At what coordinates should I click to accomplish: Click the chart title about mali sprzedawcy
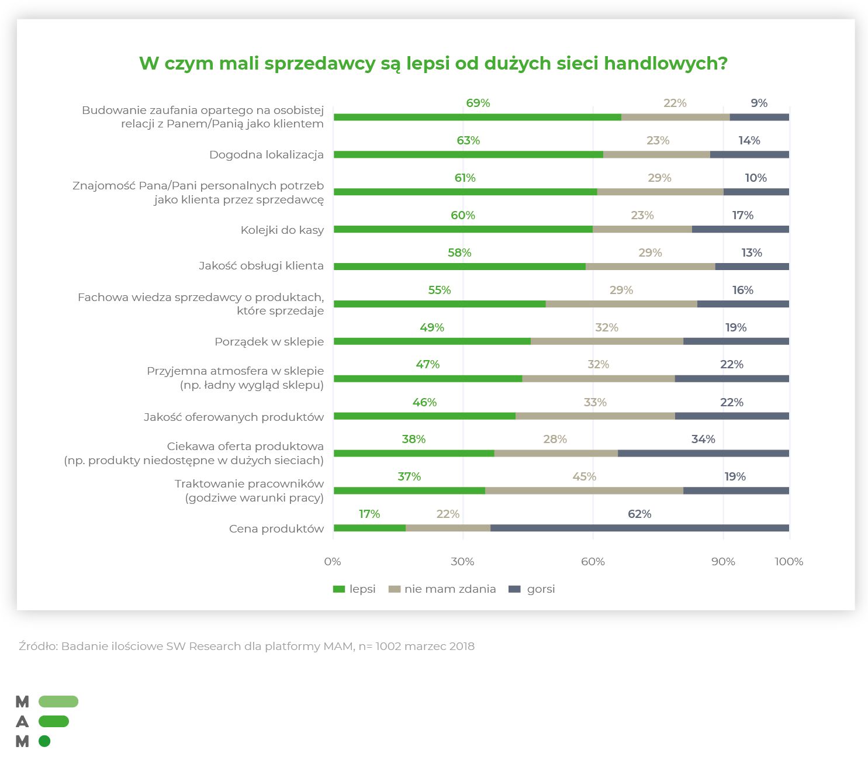[x=433, y=63]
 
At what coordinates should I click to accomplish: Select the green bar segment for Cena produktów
[x=369, y=528]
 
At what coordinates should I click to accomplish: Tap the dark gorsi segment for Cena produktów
[x=639, y=528]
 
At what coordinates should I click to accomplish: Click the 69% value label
[x=478, y=103]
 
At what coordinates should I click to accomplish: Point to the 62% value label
[x=639, y=514]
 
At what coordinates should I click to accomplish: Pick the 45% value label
[x=584, y=477]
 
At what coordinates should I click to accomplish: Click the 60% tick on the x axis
[x=593, y=562]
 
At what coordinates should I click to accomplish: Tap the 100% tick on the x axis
[x=789, y=562]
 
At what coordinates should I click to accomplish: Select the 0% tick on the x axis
[x=333, y=562]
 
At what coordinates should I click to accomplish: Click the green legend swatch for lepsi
[x=339, y=589]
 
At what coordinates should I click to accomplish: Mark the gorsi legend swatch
[x=514, y=589]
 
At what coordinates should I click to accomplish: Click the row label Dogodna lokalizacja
[x=267, y=155]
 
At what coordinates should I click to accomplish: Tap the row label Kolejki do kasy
[x=282, y=230]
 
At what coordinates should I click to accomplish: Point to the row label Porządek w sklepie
[x=269, y=342]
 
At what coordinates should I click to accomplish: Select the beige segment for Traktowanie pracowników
[x=584, y=490]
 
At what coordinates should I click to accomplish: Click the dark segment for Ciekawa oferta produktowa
[x=703, y=453]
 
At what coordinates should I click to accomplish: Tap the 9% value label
[x=759, y=103]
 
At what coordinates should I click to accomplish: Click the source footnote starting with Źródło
[x=247, y=647]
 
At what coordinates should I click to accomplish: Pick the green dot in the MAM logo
[x=44, y=741]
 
